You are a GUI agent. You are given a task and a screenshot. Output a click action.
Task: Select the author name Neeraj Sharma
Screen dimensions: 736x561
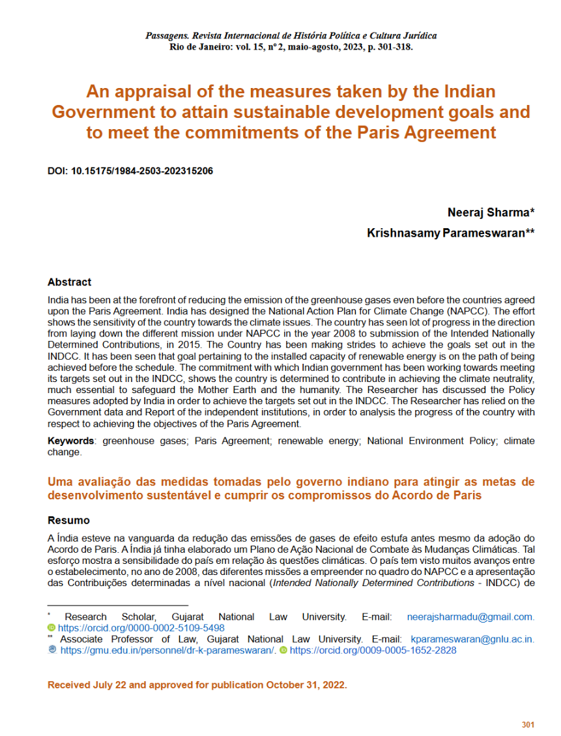tap(490, 213)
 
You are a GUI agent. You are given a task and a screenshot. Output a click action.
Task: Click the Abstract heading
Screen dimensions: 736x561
tap(69, 282)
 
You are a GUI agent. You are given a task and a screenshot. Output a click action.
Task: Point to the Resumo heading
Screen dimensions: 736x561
tap(68, 521)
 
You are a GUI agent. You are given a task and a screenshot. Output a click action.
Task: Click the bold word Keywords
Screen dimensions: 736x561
tap(70, 441)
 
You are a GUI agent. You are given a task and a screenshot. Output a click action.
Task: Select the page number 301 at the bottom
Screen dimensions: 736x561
tap(528, 725)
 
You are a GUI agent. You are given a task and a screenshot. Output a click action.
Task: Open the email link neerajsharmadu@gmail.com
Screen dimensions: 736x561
tap(470, 617)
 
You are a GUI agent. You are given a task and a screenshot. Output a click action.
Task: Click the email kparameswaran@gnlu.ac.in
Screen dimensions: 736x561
tap(468, 640)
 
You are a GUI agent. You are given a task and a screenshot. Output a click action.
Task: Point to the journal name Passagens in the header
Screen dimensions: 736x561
tap(167, 35)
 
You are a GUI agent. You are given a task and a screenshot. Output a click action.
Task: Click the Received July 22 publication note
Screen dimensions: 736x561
tap(197, 685)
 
